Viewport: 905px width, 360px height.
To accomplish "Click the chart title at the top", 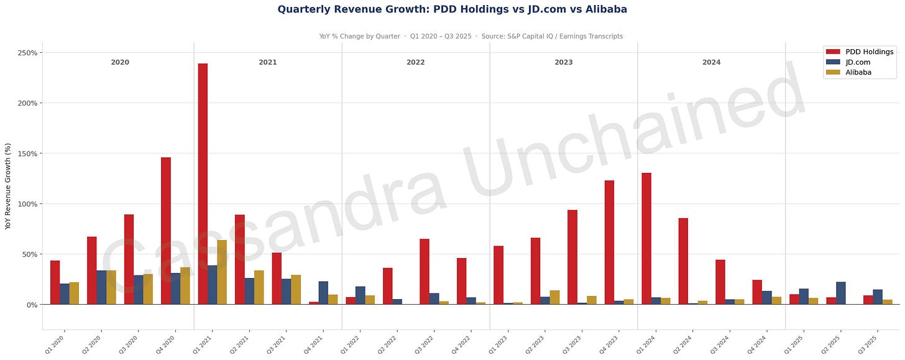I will click(x=452, y=9).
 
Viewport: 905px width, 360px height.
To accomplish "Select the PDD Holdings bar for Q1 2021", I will click(x=203, y=183).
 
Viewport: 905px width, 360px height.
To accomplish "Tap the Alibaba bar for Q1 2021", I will click(x=221, y=272).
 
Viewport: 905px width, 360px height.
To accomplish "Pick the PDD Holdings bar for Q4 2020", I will click(x=165, y=231).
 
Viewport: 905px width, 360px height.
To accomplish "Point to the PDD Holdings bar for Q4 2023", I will click(x=609, y=242).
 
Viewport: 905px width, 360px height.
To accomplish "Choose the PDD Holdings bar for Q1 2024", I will click(x=646, y=238).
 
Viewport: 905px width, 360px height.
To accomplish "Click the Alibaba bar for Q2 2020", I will click(x=111, y=287).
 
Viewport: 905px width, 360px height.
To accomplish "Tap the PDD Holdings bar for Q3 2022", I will click(x=425, y=271).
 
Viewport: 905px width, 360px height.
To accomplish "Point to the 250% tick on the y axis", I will click(x=28, y=53).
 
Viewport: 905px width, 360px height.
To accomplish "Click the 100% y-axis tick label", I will click(x=28, y=204).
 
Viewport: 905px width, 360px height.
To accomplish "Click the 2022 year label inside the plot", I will click(x=416, y=63).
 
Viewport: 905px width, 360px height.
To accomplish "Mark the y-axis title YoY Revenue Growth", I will click(x=8, y=186).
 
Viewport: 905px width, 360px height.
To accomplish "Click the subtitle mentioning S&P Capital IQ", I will click(x=471, y=36).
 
